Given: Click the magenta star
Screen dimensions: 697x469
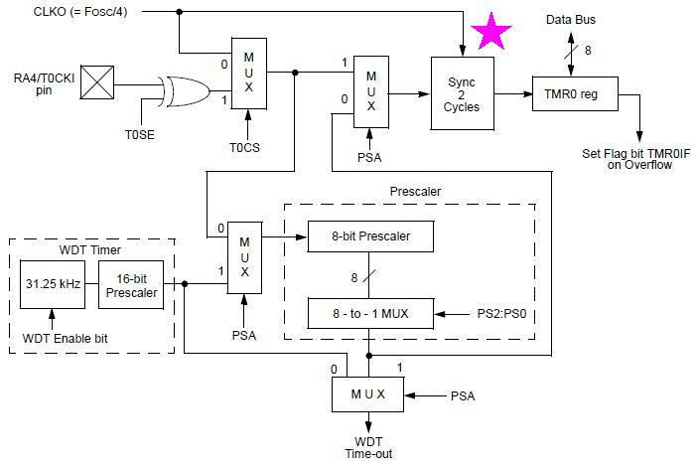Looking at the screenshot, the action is [491, 32].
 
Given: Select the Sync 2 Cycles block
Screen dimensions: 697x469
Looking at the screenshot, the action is [463, 93].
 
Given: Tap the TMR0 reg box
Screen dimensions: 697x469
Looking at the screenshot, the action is [575, 93].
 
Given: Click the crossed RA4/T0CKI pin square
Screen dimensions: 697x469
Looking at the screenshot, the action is [97, 82].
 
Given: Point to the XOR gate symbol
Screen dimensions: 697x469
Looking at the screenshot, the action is [185, 91].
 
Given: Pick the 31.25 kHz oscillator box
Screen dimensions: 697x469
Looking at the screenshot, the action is [53, 284].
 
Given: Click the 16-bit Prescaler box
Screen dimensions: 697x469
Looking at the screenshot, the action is [131, 285].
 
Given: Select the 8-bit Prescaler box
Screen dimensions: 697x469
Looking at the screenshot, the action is [370, 236].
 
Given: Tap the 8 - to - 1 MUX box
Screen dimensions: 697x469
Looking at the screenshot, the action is [370, 314].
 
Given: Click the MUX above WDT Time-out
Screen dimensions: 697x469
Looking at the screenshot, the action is [368, 394].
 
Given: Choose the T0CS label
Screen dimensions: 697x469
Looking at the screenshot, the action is [244, 147].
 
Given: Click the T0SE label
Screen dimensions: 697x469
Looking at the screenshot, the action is [140, 134].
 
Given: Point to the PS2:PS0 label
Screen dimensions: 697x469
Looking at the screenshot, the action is [501, 314].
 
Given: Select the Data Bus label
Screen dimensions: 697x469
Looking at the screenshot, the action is [571, 20].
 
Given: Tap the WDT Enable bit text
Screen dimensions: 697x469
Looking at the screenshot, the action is [65, 339].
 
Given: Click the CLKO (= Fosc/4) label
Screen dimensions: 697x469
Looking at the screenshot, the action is [80, 11].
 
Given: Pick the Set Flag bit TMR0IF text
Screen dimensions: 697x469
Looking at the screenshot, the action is [636, 153].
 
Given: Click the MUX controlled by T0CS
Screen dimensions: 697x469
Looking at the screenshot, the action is [249, 74].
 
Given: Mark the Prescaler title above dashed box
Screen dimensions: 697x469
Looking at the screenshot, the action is [415, 192].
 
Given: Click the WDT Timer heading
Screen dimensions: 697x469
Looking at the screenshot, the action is [90, 250].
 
